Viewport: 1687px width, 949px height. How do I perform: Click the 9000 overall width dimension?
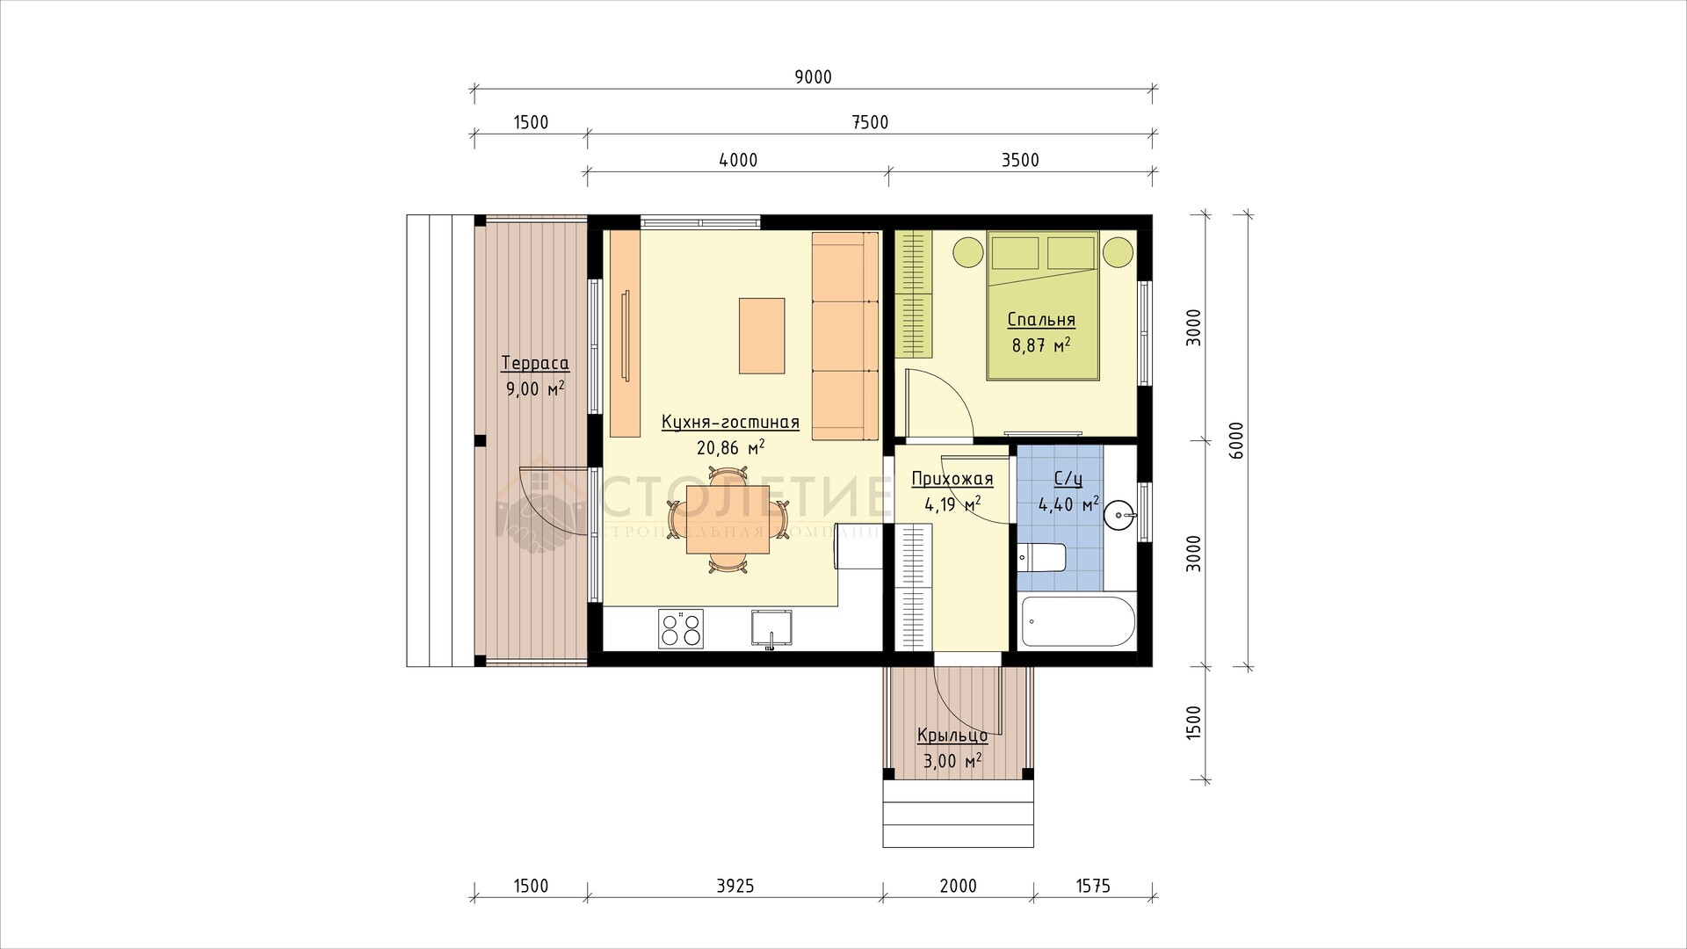pos(813,77)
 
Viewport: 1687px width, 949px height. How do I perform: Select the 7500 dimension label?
pos(870,123)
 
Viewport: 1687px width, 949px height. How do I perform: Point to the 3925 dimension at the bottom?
pos(735,886)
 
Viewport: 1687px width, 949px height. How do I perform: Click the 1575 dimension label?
pos(1092,886)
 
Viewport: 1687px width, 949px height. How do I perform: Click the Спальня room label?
pos(1041,320)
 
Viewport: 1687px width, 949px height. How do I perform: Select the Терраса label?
pos(535,364)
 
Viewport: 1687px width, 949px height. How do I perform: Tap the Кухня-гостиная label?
pos(730,423)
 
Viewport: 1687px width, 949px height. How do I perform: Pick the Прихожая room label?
pos(952,479)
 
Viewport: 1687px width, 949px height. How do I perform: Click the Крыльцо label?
pos(952,736)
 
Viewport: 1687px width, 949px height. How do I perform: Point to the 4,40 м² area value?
pos(1068,504)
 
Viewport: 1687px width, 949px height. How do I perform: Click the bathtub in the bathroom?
pos(1076,623)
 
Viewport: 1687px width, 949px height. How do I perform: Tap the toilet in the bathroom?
pos(1042,558)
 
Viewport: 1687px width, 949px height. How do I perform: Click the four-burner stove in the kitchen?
pos(681,629)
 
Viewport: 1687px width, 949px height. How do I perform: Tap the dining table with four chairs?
pos(728,519)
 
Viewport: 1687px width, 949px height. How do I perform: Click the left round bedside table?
pos(968,251)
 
